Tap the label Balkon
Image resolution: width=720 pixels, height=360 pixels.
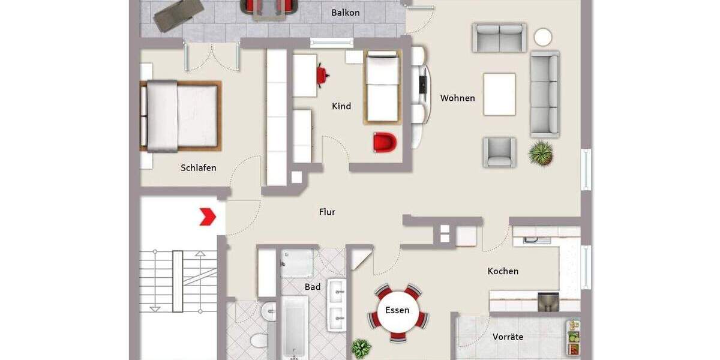[346, 13]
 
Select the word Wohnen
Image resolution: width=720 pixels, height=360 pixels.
[457, 98]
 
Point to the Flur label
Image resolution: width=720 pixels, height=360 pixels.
[327, 212]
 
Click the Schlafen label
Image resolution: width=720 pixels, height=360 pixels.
[199, 168]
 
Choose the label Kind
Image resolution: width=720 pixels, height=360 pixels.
[341, 106]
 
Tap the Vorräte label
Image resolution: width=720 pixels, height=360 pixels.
[508, 337]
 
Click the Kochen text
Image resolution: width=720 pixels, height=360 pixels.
[503, 271]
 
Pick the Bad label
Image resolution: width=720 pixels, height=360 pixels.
[312, 287]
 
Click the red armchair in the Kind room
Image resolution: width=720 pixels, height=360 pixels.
[385, 143]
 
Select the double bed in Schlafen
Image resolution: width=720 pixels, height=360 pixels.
[181, 116]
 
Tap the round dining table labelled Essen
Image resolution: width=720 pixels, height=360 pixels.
[397, 311]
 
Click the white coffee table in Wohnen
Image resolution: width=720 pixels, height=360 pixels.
[500, 94]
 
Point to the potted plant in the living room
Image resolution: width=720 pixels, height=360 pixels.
[541, 154]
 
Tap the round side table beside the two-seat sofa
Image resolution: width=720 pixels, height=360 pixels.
[543, 37]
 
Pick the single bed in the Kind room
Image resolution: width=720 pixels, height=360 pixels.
[382, 87]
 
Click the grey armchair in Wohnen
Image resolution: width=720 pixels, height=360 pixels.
[500, 152]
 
